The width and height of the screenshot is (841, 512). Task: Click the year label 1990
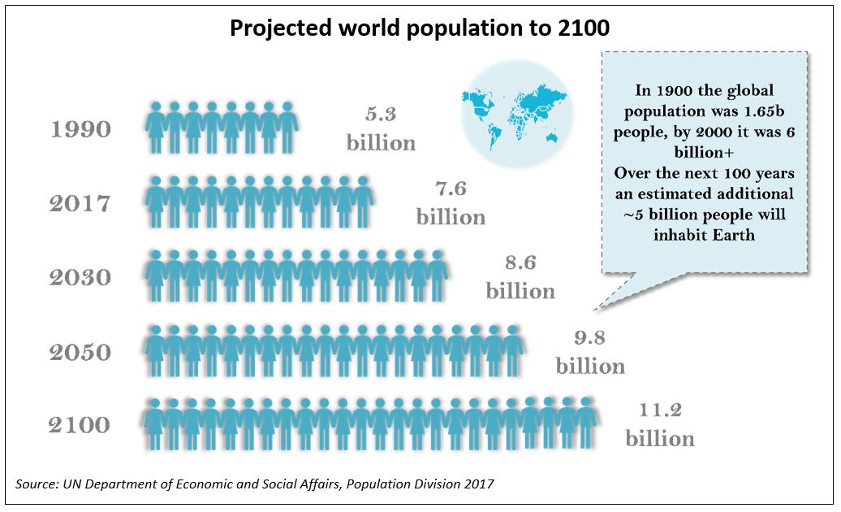coord(80,129)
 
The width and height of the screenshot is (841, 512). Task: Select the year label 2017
coord(80,203)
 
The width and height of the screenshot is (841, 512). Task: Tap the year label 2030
coord(80,278)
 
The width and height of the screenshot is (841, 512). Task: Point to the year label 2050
coord(80,353)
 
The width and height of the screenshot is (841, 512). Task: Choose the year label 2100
coord(79,425)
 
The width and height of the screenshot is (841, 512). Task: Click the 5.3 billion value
coord(381,129)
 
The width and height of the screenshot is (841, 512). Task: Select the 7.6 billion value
coord(451,203)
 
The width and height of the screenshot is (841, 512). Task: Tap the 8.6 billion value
coord(520,277)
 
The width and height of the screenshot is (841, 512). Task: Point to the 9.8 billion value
coord(590,352)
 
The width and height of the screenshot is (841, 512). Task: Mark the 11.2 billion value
coord(659,424)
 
